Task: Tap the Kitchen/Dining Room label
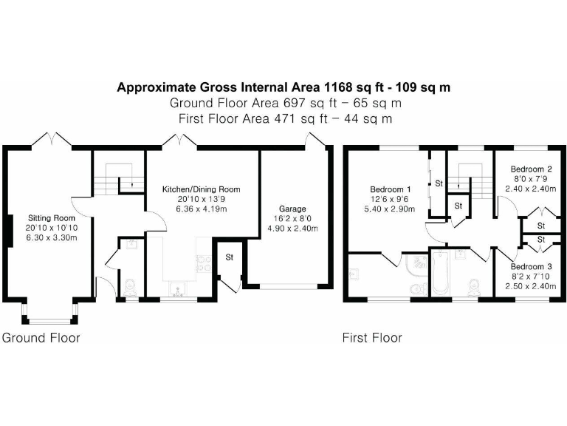201,189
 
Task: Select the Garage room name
292,209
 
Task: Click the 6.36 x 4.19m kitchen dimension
201,209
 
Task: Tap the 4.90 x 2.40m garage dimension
292,229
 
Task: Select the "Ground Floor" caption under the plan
41,338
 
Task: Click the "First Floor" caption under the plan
372,338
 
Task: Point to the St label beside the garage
229,258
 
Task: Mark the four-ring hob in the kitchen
202,261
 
